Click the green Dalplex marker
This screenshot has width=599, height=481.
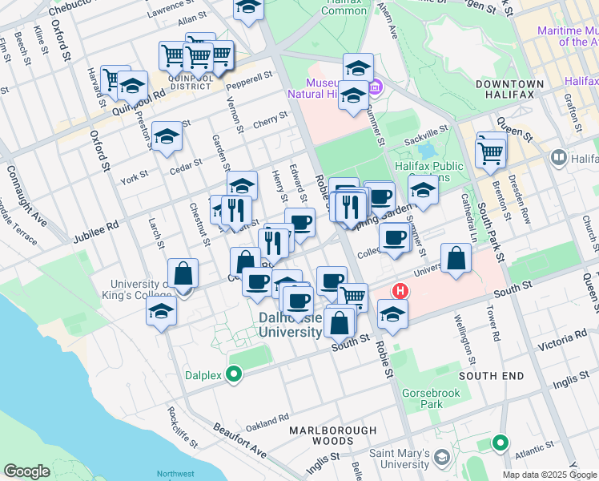pos(234,374)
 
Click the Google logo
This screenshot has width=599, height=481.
pos(26,471)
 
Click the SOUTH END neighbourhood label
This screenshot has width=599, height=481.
pos(492,376)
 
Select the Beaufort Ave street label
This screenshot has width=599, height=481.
pos(239,440)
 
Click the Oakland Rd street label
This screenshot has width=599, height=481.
pos(267,421)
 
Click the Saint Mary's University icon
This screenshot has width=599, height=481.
pos(443,457)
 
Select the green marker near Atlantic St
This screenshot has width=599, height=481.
pos(501,443)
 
